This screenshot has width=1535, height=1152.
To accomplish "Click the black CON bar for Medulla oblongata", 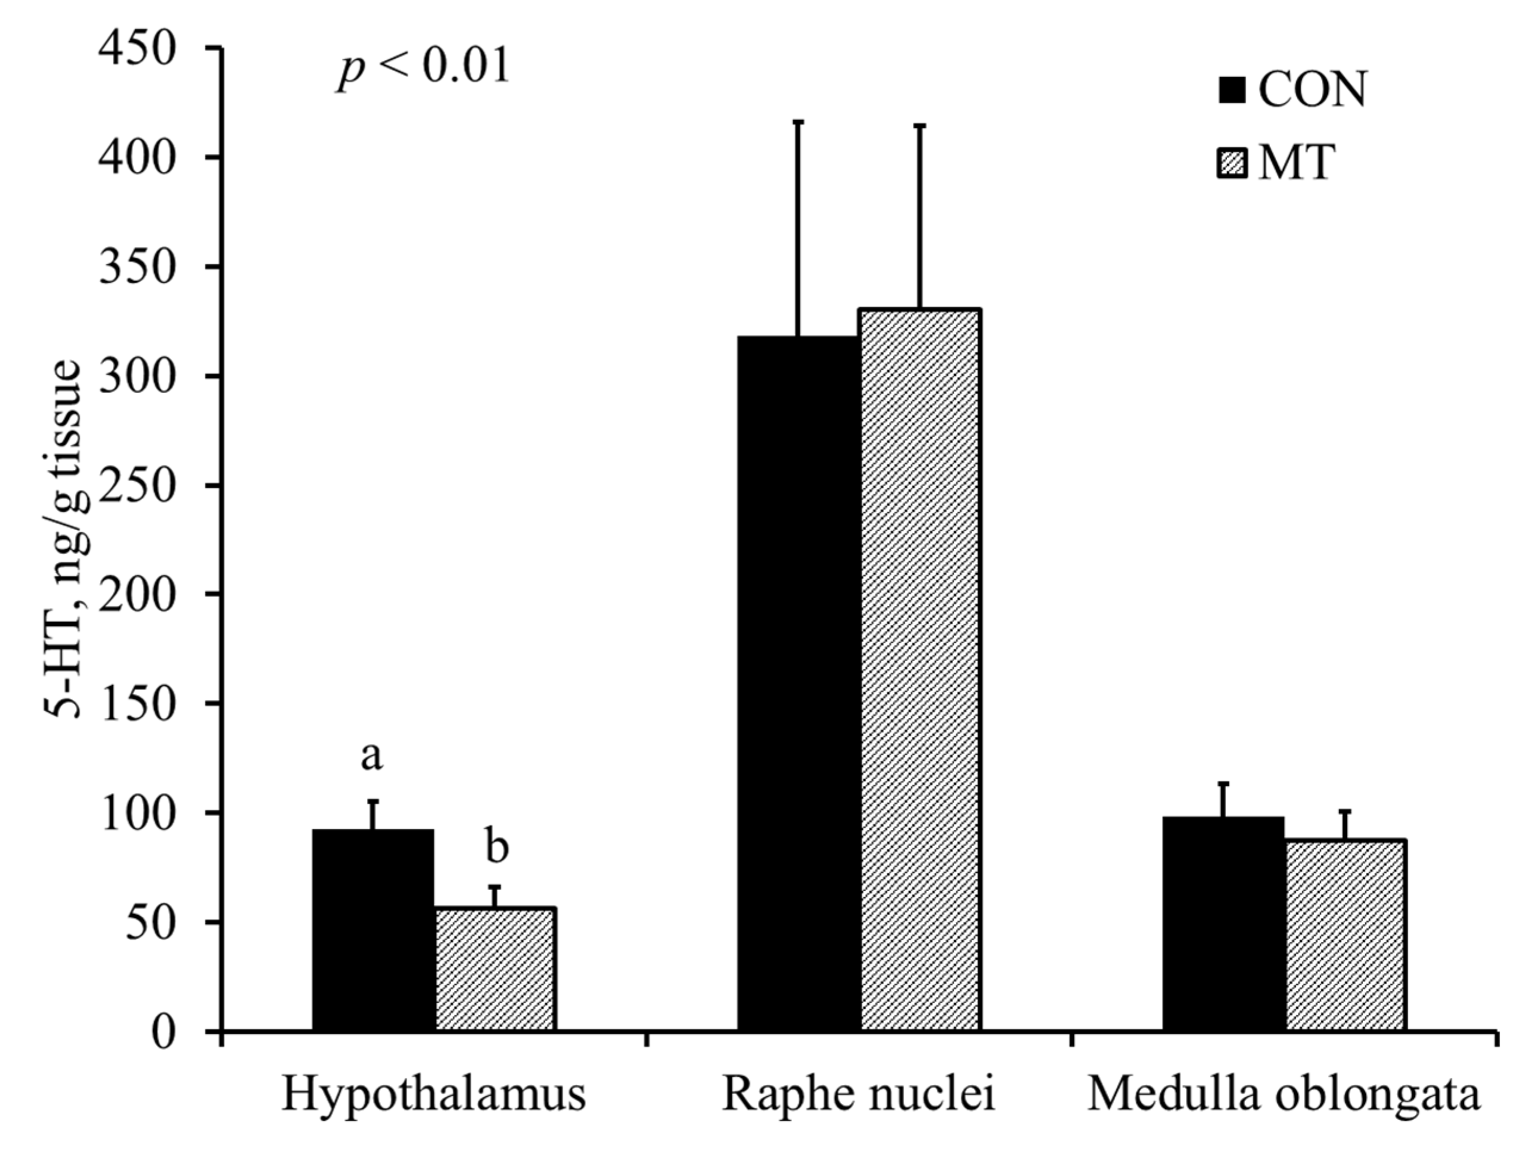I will (1223, 923).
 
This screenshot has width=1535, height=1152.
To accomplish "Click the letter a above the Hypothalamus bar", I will (371, 756).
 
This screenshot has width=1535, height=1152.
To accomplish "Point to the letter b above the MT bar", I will (497, 848).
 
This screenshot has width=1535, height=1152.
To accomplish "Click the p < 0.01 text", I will (423, 72).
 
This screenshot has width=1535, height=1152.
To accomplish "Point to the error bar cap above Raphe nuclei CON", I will (798, 122).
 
